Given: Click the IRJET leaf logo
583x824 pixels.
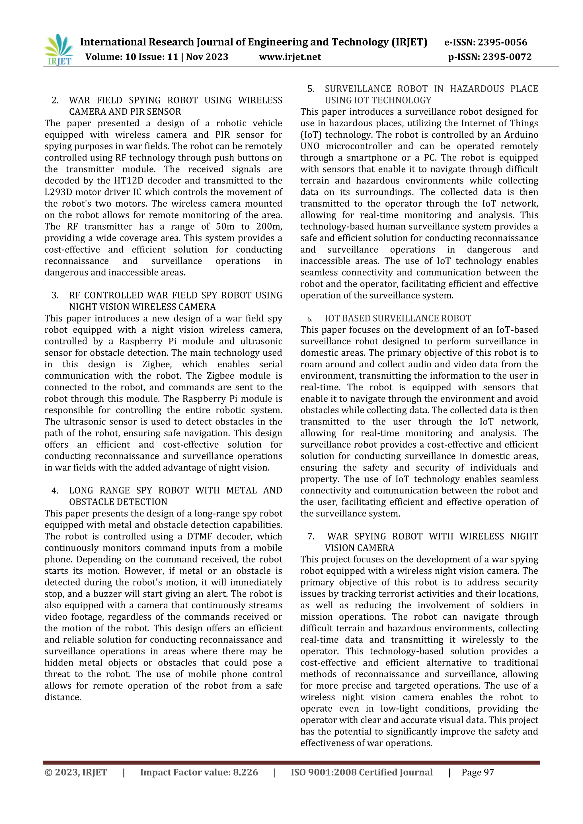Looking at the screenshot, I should point(59,50).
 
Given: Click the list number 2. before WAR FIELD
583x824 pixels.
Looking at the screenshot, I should point(55,100).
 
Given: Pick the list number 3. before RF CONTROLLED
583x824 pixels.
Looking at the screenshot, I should point(55,295).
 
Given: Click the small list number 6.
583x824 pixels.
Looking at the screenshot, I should point(309,319).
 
